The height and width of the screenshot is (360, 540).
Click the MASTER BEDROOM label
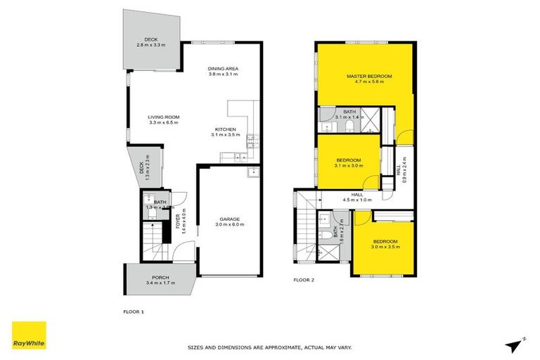pyautogui.click(x=368, y=75)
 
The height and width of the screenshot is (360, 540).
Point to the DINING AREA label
pyautogui.click(x=224, y=67)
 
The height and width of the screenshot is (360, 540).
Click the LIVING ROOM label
pyautogui.click(x=163, y=117)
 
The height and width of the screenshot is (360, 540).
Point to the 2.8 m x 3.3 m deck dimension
pyautogui.click(x=150, y=45)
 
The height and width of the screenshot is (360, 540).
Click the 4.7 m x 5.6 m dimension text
pyautogui.click(x=368, y=82)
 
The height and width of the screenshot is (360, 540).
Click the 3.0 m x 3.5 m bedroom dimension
pyautogui.click(x=385, y=247)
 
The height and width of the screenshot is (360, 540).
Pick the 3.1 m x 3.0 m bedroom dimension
pyautogui.click(x=349, y=166)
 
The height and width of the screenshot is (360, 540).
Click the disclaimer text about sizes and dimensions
pyautogui.click(x=269, y=347)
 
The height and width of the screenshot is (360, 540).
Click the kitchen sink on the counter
pyautogui.click(x=240, y=157)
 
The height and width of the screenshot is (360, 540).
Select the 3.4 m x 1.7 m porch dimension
pyautogui.click(x=161, y=283)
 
